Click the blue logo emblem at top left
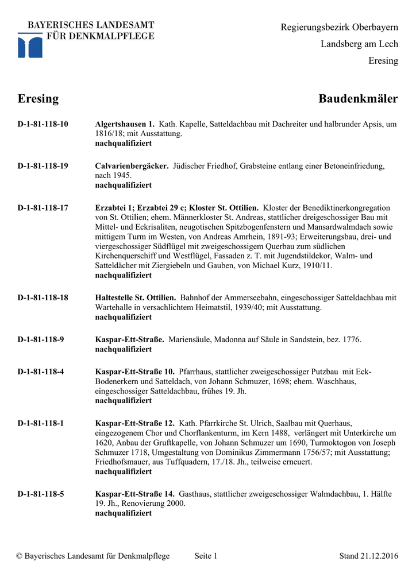coord(30,45)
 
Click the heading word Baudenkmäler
coord(358,99)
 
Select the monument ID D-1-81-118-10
coord(43,124)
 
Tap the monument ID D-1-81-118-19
coord(43,166)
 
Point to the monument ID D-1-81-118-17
coord(43,208)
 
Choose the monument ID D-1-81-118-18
coord(43,298)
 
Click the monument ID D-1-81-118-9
coord(41,339)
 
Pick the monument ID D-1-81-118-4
coord(41,372)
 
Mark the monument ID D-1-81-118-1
coord(41,423)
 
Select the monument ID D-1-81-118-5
coord(41,494)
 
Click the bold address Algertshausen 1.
coord(125,124)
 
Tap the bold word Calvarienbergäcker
coord(132,166)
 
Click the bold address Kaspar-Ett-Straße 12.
coord(134,423)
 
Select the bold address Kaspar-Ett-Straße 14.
coord(134,494)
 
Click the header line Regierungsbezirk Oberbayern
coord(339,27)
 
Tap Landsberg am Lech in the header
coord(359,44)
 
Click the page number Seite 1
coord(206,556)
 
